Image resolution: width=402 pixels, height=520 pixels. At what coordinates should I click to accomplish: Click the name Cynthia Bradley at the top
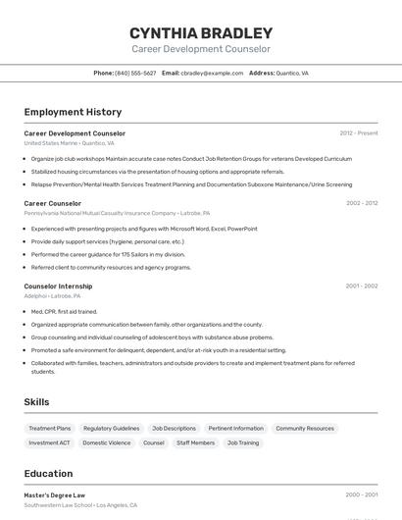tap(201, 32)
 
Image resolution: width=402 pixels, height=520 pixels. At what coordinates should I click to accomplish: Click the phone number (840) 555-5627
tap(135, 73)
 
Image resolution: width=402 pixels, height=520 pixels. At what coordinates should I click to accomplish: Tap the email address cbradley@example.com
tap(213, 73)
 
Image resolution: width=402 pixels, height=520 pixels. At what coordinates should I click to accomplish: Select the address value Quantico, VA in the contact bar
tap(292, 73)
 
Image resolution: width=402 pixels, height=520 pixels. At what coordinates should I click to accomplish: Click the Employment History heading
tap(73, 112)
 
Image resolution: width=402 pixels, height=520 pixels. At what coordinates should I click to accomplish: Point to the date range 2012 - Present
tap(359, 132)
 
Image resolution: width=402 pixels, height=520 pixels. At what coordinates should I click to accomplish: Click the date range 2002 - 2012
tap(361, 203)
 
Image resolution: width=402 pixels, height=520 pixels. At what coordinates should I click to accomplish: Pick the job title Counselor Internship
tap(58, 286)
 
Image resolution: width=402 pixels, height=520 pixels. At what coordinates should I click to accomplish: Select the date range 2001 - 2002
tap(361, 286)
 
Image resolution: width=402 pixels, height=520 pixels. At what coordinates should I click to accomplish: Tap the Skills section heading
tap(37, 402)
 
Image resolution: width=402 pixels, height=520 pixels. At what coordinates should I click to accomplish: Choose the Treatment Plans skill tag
tap(50, 428)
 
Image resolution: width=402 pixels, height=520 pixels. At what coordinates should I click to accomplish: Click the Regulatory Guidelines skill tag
tap(112, 428)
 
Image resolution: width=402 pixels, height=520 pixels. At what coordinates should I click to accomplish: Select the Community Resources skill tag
tap(305, 428)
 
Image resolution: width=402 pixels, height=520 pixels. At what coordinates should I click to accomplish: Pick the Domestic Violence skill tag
tap(107, 442)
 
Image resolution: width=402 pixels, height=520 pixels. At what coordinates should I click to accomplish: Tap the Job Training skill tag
tap(243, 442)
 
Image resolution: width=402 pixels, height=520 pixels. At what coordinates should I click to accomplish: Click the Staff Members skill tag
tap(195, 442)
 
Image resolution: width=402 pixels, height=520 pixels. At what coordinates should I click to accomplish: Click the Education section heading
tap(49, 473)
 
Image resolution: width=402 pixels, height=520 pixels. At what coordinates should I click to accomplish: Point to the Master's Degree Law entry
tap(55, 495)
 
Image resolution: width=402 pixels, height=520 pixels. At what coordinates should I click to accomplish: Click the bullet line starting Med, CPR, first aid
tap(64, 312)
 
